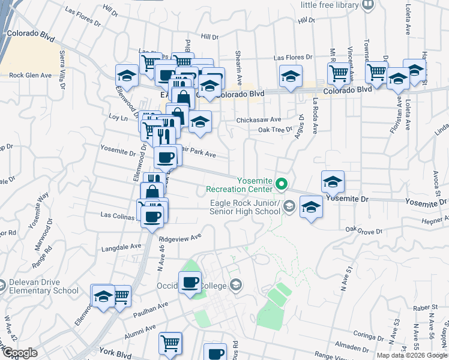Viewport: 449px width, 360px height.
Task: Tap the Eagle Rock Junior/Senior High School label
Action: click(x=245, y=206)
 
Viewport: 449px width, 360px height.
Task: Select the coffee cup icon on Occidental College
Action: click(x=191, y=282)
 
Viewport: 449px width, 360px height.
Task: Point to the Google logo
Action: click(x=19, y=352)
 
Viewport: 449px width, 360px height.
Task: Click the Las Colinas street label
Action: click(x=118, y=214)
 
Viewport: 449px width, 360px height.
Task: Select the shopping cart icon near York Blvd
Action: click(x=170, y=343)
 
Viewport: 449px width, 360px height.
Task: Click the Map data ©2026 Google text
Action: click(x=411, y=355)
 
